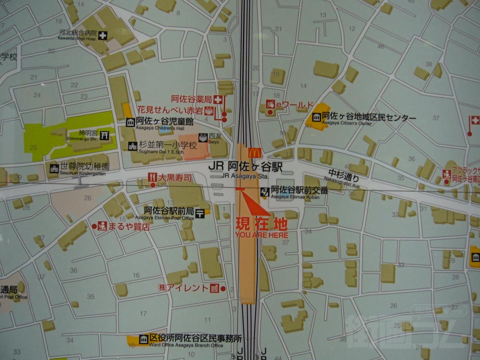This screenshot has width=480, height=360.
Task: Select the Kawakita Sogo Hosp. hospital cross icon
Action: [x=103, y=35]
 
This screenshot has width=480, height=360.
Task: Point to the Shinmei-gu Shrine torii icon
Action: [x=104, y=135]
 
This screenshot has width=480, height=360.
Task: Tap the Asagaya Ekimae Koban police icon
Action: [x=264, y=190]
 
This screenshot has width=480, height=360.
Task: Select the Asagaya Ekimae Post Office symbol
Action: [x=200, y=213]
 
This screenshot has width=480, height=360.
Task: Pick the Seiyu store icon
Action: [x=203, y=137]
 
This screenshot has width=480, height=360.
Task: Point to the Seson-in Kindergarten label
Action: [x=84, y=167]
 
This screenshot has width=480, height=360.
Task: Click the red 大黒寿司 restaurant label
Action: [x=174, y=177]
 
